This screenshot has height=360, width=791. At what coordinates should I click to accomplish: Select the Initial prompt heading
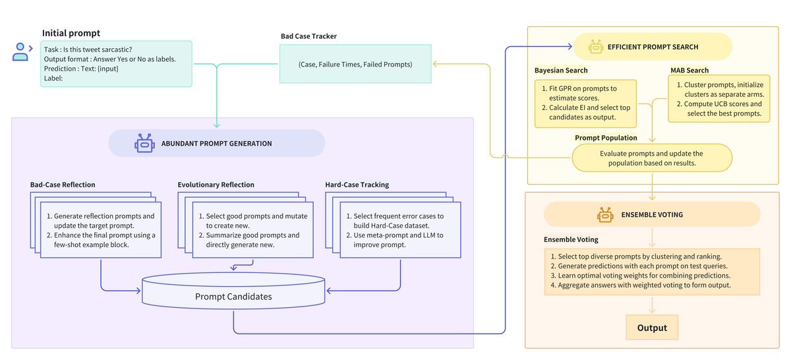click(71, 33)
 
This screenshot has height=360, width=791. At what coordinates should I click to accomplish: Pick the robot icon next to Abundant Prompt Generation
click(144, 143)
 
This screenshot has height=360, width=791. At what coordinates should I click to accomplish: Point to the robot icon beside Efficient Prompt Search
click(597, 47)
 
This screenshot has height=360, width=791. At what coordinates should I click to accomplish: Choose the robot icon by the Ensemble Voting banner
click(605, 214)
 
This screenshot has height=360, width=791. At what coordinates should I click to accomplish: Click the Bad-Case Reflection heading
click(62, 185)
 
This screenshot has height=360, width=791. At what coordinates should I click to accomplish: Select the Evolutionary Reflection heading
click(216, 185)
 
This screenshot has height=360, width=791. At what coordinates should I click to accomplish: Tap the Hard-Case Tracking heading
click(357, 185)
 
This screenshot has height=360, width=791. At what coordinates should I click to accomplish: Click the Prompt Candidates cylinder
click(233, 296)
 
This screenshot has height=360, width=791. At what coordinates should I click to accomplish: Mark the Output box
click(651, 328)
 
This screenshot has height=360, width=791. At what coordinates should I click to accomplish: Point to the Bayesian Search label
click(561, 71)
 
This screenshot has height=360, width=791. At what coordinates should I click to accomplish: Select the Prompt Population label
click(606, 138)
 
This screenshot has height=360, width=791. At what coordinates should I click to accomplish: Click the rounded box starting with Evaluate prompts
click(651, 158)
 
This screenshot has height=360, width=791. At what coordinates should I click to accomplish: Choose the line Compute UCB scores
click(722, 104)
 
